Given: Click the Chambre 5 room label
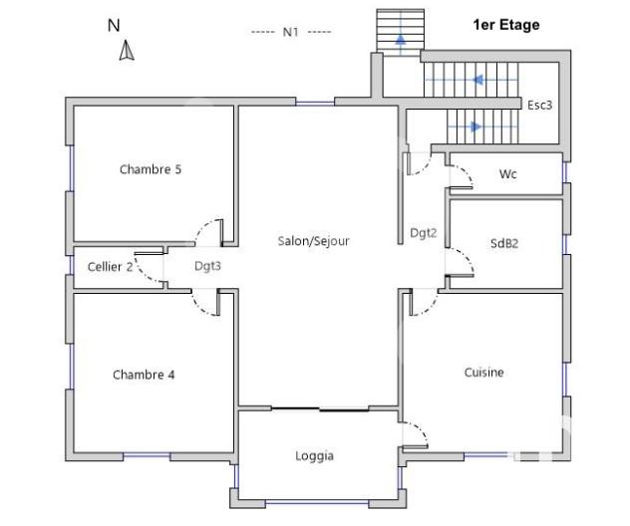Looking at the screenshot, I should pos(151,169).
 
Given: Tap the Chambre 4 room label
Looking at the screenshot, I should pos(144,376).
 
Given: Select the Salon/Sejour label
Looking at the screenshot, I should pos(313,240).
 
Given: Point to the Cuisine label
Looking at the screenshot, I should pos(483,373).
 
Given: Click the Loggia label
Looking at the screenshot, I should pos(314,456).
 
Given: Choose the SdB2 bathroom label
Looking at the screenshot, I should pos(504,243).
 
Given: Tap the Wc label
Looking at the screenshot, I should pos(507,174).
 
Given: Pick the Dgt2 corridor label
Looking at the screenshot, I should pos(424,233).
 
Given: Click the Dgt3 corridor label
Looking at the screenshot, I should pos(207,266).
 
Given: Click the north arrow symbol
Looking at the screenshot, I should pos(127,50).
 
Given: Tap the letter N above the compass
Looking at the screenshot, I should pos(113,26).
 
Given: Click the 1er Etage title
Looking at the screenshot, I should pos(505,25).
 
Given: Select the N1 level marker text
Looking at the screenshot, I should pos(291,32).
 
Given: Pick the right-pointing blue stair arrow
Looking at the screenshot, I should pos(475,127).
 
